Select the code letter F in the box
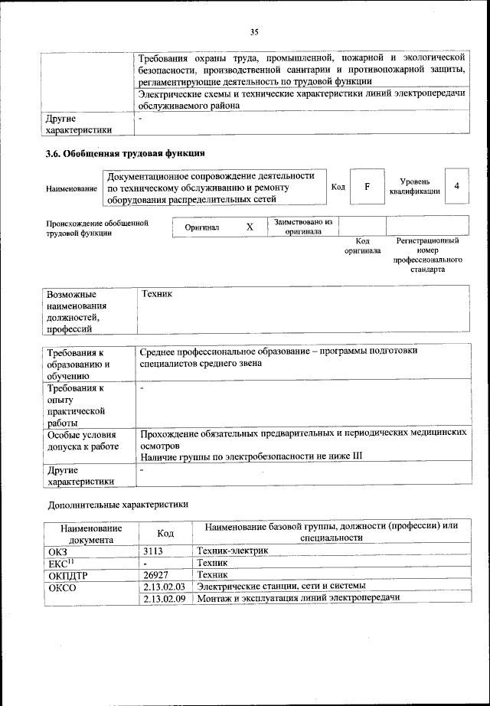pyautogui.click(x=367, y=187)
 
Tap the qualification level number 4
pyautogui.click(x=456, y=186)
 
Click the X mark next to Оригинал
pyautogui.click(x=249, y=227)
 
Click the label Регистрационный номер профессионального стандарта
pyautogui.click(x=427, y=254)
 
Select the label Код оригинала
pyautogui.click(x=362, y=245)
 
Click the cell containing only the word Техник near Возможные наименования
pyautogui.click(x=158, y=294)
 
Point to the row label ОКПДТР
pyautogui.click(x=69, y=574)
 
